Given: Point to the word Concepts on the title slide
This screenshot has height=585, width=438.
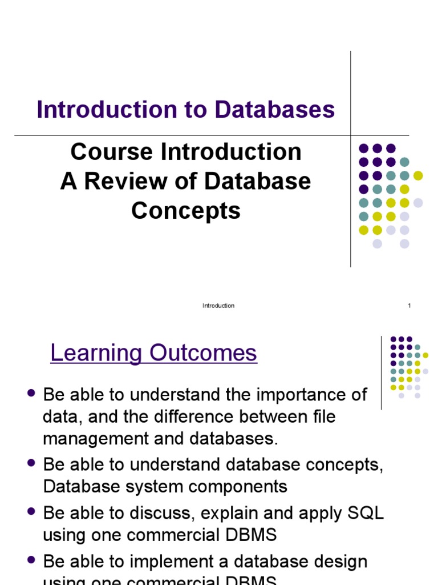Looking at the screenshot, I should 186,211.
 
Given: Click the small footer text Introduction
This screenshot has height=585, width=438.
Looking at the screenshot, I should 218,306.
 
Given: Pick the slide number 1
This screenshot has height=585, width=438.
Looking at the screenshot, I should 409,306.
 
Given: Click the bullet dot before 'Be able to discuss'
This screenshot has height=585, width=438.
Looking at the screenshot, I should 32,511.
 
